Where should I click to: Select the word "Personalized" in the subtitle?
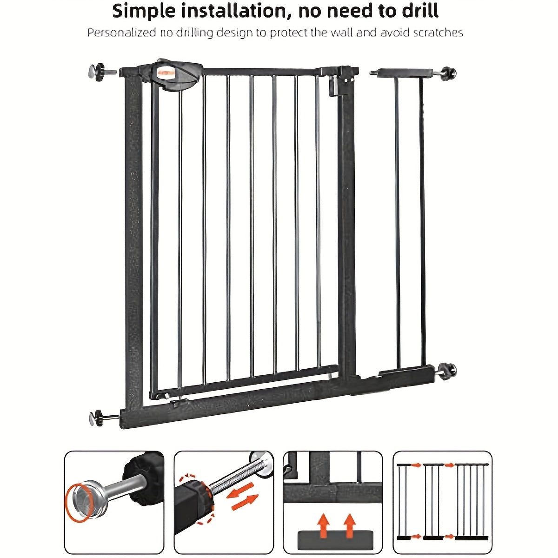pos(121,33)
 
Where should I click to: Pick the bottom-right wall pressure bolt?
pos(448,371)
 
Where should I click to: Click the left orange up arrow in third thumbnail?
pos(322,525)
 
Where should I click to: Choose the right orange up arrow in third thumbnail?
pos(349,525)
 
